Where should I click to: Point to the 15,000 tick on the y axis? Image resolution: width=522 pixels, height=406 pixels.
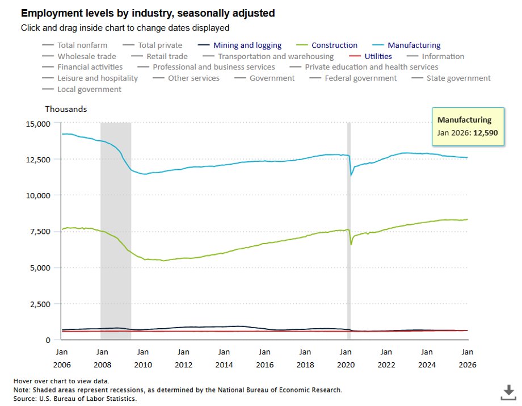tap(39, 123)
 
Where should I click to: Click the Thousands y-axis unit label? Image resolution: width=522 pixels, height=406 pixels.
tap(66, 109)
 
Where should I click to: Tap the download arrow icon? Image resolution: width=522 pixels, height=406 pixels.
tap(508, 391)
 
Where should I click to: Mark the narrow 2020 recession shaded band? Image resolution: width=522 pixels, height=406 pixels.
tap(349, 227)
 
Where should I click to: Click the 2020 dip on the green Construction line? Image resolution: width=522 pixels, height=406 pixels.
tap(351, 244)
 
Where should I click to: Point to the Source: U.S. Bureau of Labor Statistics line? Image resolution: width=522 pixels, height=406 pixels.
tap(75, 399)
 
